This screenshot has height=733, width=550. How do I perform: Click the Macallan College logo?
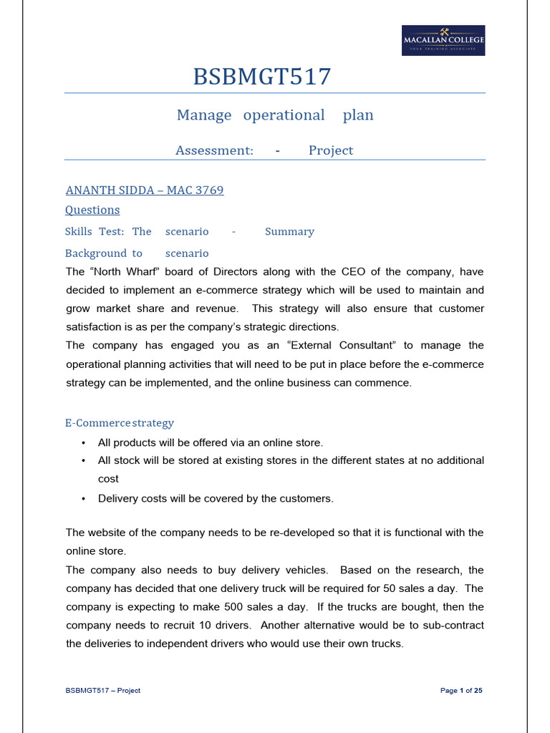[x=443, y=41]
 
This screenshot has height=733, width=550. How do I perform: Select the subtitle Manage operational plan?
[x=275, y=115]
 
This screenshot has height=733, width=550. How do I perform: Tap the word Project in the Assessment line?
[x=331, y=150]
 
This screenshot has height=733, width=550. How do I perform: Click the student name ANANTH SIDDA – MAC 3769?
[x=145, y=190]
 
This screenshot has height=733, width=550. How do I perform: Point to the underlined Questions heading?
[x=92, y=210]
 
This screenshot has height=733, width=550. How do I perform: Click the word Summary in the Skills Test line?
[x=289, y=232]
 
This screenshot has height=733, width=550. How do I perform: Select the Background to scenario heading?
[x=137, y=253]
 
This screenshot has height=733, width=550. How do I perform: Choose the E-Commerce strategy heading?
[x=120, y=423]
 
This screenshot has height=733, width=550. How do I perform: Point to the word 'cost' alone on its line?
[x=108, y=479]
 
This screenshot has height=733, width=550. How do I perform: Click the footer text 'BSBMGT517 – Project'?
[x=103, y=691]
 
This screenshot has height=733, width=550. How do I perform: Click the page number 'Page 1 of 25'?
[x=461, y=691]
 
